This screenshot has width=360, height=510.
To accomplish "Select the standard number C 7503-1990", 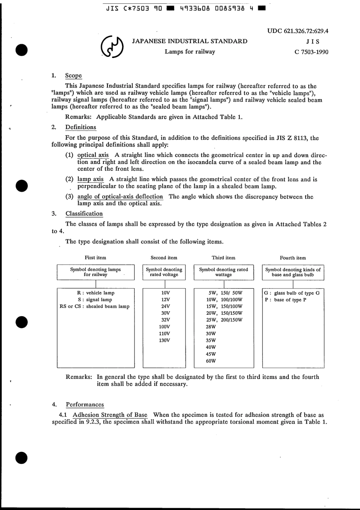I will point(311,52).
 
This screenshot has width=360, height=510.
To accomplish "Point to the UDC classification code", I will point(298,31).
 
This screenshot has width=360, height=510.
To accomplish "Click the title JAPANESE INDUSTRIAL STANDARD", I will point(189,41).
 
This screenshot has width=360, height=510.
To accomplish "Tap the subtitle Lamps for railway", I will point(189,52).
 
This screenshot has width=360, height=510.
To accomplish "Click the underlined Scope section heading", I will point(73,76).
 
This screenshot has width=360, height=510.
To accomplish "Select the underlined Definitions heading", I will point(80,127).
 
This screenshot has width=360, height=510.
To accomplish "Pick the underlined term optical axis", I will point(93,155).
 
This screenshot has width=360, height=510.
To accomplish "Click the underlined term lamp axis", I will point(90,179).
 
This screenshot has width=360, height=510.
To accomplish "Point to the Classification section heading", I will point(84,214).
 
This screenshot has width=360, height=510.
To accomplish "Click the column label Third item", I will point(223,258).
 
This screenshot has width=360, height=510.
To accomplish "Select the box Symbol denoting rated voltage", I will point(164,272).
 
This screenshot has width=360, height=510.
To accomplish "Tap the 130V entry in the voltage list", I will point(164,341).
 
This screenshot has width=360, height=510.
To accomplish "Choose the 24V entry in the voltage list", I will point(165,306).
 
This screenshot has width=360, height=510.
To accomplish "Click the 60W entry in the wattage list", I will point(211,361).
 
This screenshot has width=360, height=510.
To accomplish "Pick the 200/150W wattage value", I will point(232,320).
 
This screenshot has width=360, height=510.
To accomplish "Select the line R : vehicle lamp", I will point(95,293).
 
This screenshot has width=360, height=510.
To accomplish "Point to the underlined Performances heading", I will point(85,405).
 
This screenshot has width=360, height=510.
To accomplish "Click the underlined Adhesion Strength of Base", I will point(110,415).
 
